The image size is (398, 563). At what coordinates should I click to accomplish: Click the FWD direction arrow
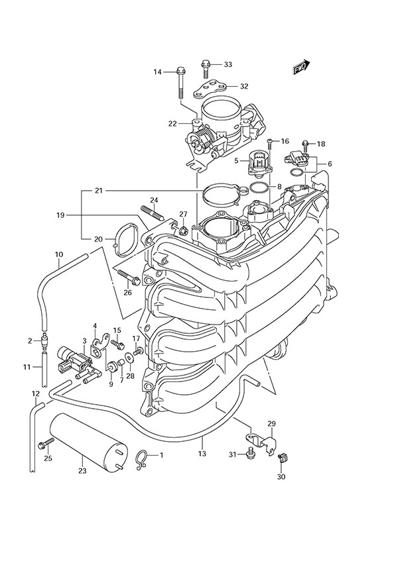(x=300, y=66)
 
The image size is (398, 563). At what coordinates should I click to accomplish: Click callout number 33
(x=228, y=65)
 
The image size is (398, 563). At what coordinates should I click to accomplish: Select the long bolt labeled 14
(x=180, y=83)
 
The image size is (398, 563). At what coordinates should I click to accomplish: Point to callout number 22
(x=153, y=123)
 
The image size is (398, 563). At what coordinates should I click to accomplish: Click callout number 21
(x=98, y=191)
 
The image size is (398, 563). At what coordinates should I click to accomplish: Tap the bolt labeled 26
(x=127, y=275)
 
